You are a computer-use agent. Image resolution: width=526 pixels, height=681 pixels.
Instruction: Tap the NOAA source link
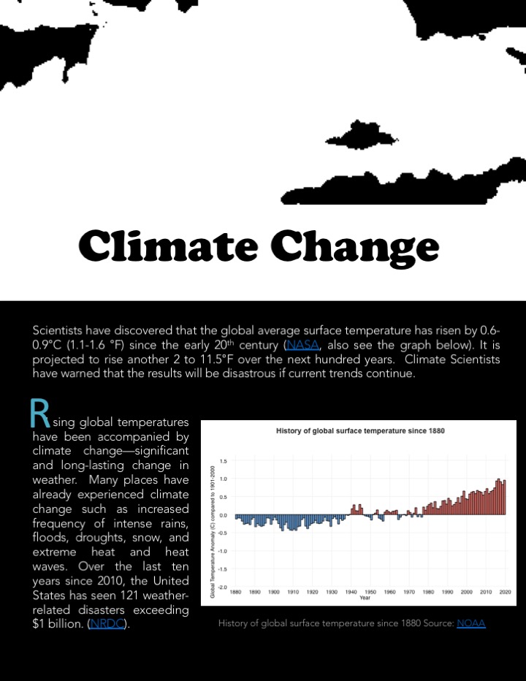470,623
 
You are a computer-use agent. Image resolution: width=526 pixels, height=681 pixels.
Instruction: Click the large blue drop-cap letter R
39,414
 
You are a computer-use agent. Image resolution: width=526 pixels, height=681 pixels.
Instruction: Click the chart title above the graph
360,430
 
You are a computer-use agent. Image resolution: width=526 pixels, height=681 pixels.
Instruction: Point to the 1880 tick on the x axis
236,592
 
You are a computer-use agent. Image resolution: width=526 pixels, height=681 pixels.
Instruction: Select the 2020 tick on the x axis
504,592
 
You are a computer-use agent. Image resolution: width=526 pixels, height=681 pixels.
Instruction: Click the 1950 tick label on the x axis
370,592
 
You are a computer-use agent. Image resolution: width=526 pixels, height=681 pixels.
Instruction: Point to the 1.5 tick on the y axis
224,461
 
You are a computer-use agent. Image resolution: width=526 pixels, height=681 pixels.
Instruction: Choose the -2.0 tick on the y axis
222,587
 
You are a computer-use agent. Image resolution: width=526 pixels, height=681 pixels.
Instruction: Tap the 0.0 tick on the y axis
223,515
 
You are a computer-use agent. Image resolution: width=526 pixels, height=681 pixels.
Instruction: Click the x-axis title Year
365,598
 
